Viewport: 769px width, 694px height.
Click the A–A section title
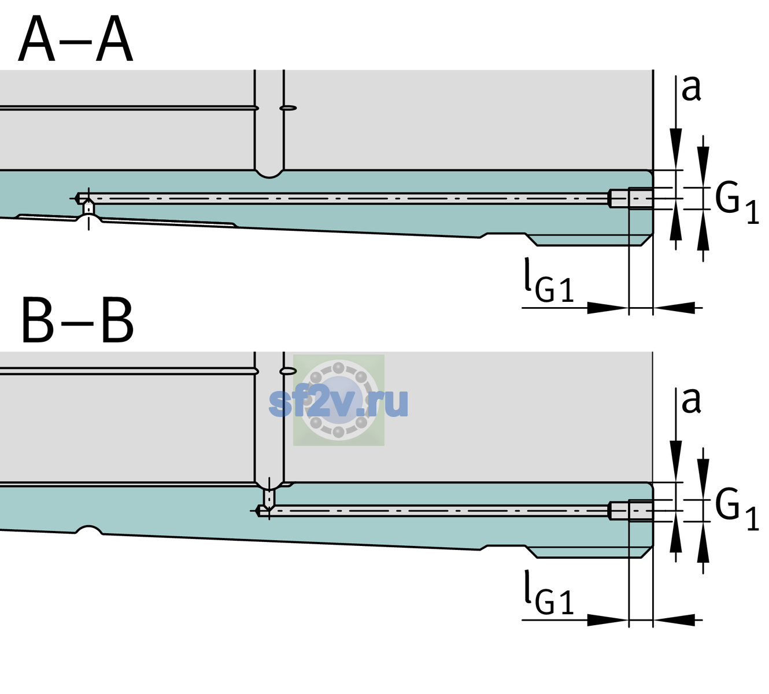point(76,39)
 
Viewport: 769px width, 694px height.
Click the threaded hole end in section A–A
point(631,198)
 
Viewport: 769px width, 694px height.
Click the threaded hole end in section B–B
point(631,511)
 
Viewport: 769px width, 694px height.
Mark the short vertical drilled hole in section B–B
point(269,497)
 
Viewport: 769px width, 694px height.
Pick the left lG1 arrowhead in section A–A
point(608,308)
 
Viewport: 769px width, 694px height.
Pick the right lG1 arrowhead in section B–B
point(674,620)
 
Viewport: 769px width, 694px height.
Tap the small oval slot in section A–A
point(289,108)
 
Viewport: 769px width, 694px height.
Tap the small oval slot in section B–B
point(289,371)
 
